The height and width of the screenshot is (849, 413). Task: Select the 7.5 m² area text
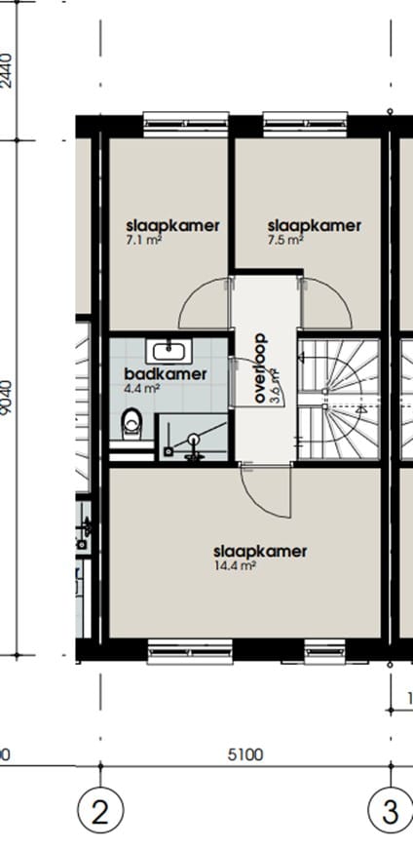[285, 240]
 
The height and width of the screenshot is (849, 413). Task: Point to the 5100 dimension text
[244, 754]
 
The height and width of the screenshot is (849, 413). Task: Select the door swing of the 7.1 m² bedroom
[203, 304]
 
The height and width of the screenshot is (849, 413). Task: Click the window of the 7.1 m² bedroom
[186, 120]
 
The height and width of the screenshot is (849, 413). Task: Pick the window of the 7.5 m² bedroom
[296, 120]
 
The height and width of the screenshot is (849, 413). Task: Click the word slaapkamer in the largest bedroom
[260, 552]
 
